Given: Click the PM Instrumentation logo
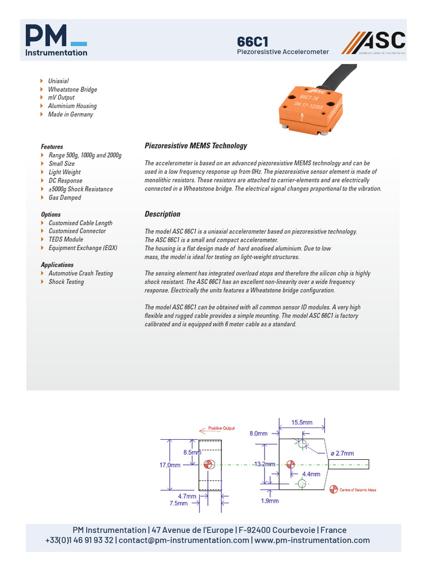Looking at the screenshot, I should (56, 40).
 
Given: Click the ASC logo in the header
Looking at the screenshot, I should (373, 43).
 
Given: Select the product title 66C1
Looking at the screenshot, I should (253, 42).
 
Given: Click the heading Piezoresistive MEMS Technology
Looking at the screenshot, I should (196, 146).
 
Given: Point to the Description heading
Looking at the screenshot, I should (162, 214).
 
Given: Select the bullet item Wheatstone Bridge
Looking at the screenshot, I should (72, 90).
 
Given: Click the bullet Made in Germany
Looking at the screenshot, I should (71, 115).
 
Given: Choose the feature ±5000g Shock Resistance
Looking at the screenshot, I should (80, 189).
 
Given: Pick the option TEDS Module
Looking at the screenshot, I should (66, 239).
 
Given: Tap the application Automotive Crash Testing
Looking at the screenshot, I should (81, 273).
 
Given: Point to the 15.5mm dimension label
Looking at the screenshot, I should (302, 423).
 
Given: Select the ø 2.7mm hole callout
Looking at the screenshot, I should (342, 454).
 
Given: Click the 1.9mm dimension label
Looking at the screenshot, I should (270, 500).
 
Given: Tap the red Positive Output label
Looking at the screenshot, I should (221, 429).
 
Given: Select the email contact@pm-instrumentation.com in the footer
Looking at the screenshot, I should (183, 540).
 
